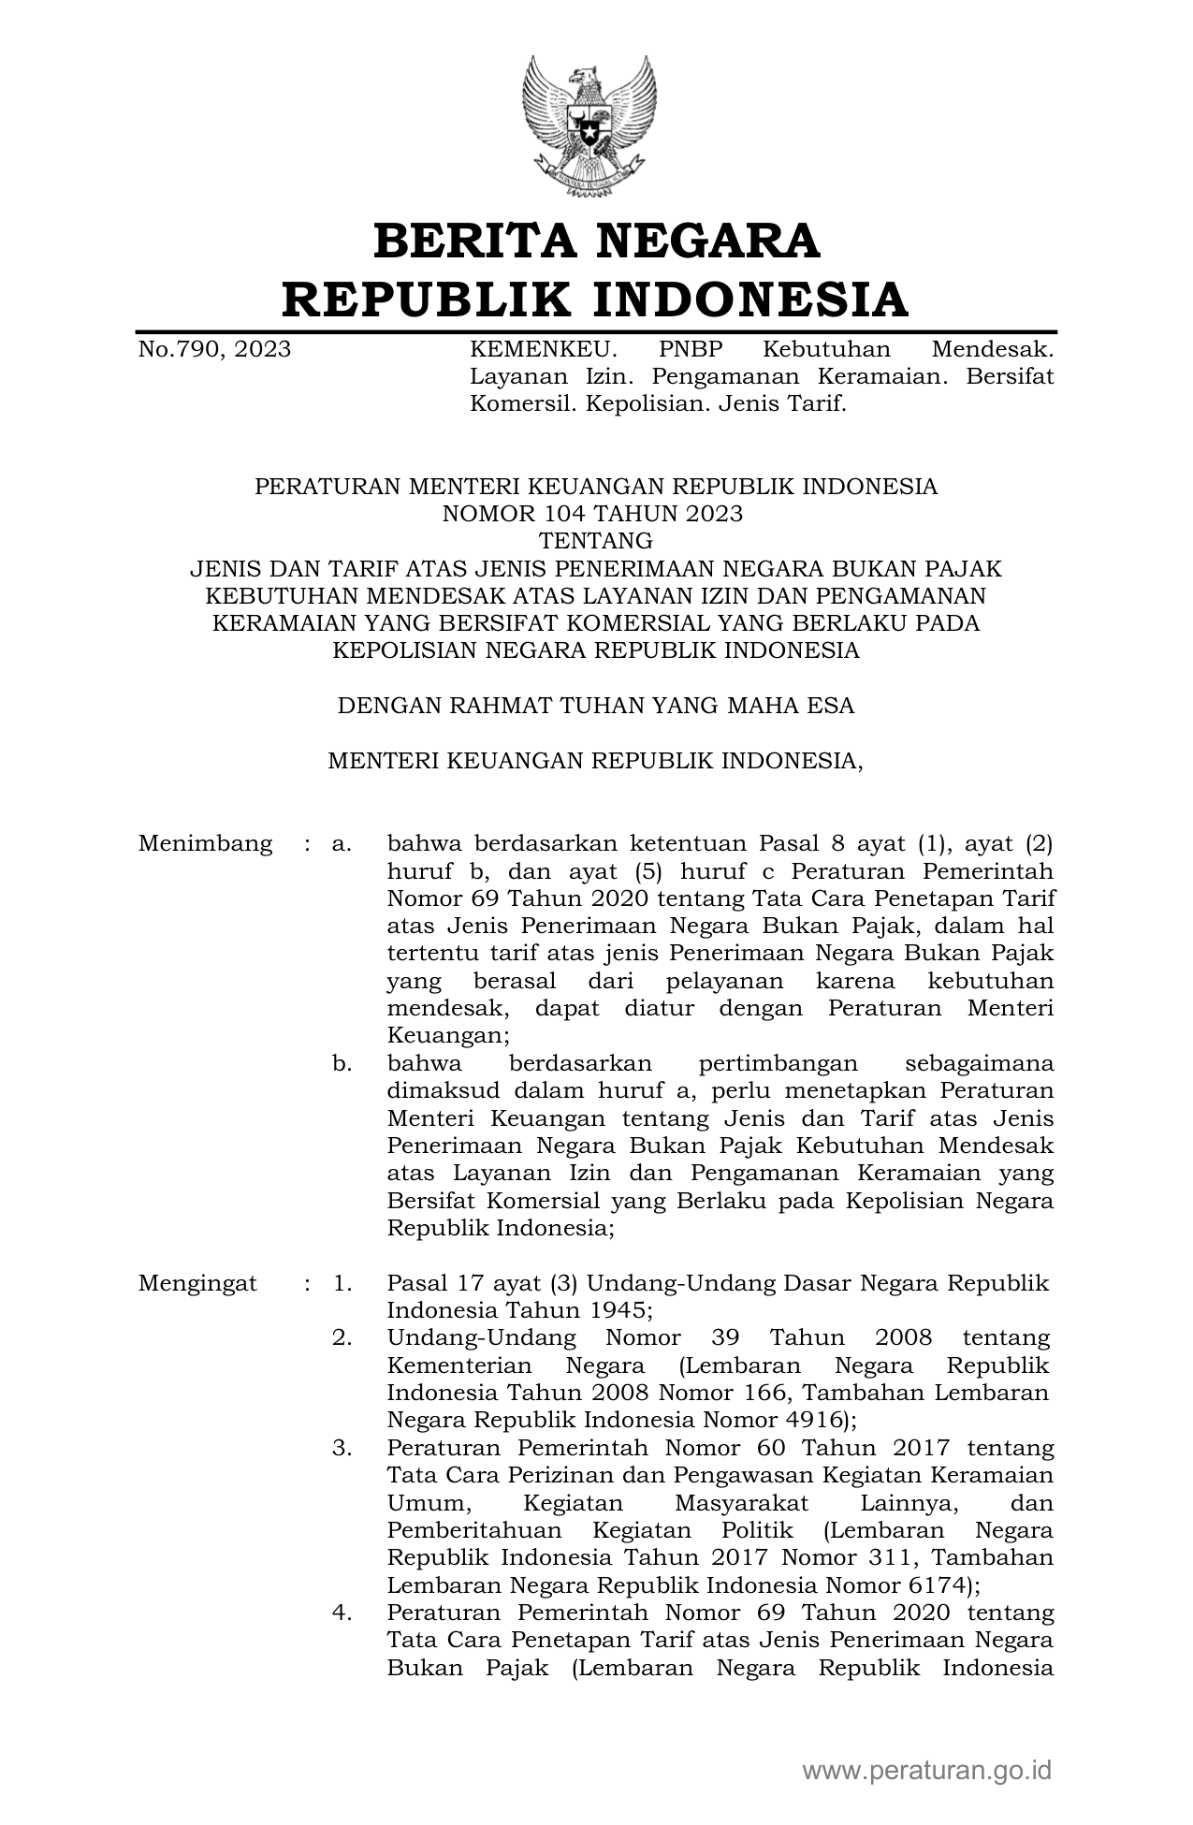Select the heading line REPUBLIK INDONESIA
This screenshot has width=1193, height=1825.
coord(596,299)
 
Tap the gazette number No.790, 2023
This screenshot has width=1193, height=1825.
coord(214,350)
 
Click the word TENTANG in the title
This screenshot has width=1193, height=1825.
coord(595,541)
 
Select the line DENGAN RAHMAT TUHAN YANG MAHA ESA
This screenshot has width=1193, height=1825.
coord(595,706)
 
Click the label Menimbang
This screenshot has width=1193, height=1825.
coord(205,843)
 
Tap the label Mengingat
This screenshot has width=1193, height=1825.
coord(197,1283)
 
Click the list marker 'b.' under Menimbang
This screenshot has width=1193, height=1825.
coord(342,1063)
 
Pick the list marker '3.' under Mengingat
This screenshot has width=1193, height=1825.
coord(342,1449)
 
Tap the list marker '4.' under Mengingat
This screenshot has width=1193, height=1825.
coord(342,1613)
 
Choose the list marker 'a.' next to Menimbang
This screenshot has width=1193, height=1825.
coord(342,843)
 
